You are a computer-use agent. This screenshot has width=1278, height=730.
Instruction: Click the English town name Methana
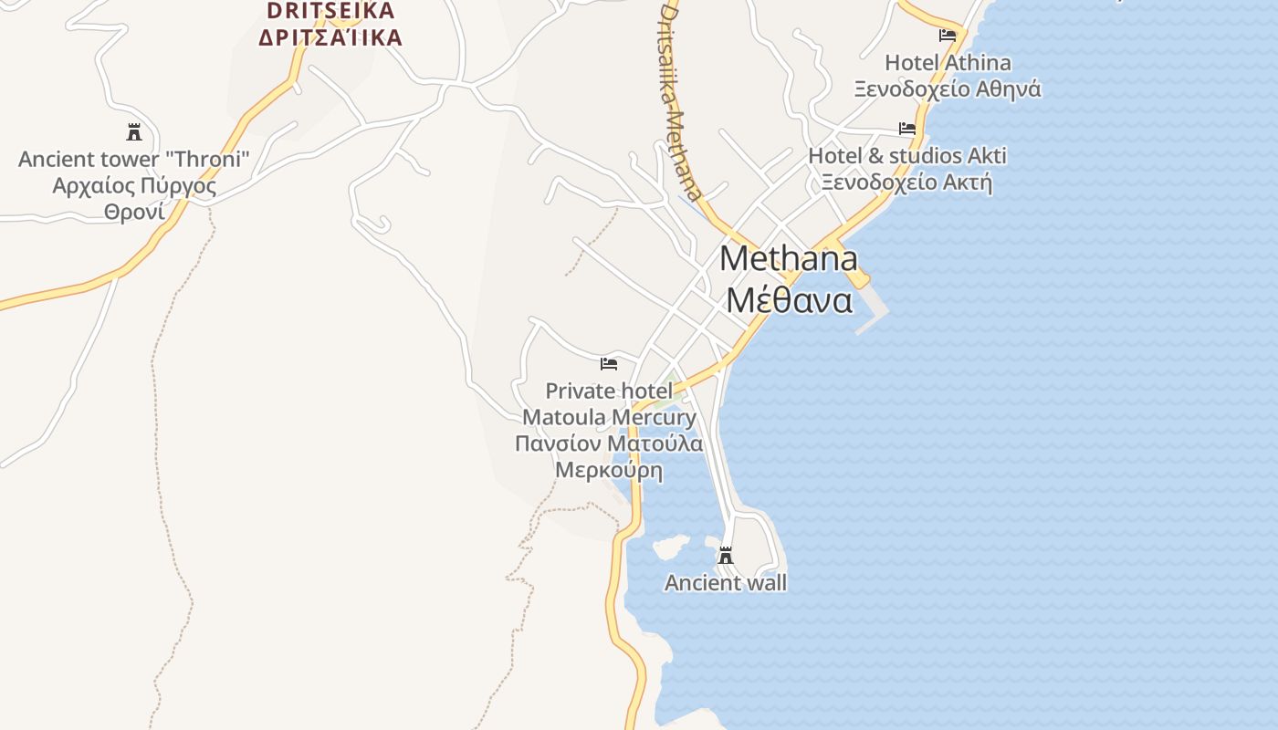(x=789, y=259)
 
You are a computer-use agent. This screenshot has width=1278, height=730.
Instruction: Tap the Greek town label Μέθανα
(x=790, y=300)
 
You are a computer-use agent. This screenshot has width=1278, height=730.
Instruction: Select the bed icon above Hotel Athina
(x=948, y=36)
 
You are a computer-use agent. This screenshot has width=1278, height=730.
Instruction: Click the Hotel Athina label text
(x=948, y=63)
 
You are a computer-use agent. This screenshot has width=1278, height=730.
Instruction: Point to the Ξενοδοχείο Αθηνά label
(x=948, y=89)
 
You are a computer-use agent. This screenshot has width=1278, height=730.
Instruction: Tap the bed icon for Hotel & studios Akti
(x=907, y=129)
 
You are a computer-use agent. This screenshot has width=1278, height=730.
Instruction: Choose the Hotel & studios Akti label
(x=907, y=156)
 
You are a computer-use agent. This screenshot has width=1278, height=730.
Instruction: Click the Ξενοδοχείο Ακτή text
(x=906, y=182)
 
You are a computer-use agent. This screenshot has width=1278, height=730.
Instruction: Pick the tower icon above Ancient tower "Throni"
(x=134, y=132)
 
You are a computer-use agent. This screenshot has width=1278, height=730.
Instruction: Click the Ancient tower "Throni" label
(x=134, y=160)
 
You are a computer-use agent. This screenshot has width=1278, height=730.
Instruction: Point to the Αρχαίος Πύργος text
(x=134, y=186)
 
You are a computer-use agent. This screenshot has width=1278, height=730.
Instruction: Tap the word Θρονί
(x=134, y=213)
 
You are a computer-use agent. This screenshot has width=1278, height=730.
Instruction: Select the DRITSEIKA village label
(x=330, y=11)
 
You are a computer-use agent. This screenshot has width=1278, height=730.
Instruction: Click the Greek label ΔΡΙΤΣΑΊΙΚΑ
(x=330, y=37)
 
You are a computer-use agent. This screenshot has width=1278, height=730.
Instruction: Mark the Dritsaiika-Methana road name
(x=681, y=100)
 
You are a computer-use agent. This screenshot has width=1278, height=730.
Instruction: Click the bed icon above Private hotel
(x=609, y=363)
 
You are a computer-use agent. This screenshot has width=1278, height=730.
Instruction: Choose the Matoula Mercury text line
(x=609, y=418)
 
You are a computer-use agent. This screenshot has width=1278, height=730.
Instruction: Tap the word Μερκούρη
(x=609, y=471)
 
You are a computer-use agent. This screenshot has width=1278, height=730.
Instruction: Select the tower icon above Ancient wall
(x=726, y=556)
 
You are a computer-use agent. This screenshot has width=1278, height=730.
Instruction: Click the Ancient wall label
(x=726, y=583)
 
